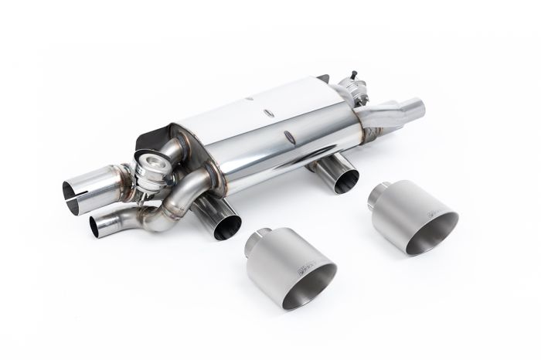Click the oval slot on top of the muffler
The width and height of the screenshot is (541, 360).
(270, 113)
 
